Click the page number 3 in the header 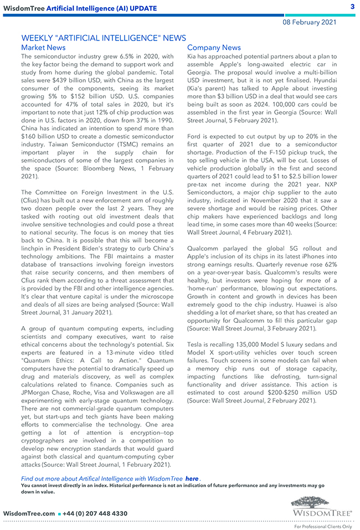[x=352, y=7]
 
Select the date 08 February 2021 [x=310, y=22]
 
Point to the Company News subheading [x=214, y=48]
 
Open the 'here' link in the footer [x=192, y=478]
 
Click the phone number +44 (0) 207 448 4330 [x=96, y=513]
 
